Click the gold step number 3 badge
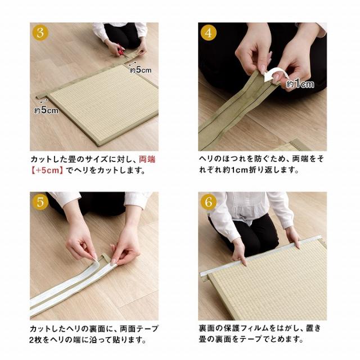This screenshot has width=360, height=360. pyautogui.click(x=40, y=33)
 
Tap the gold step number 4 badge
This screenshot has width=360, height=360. pyautogui.click(x=209, y=33)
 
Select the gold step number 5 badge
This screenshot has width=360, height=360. pyautogui.click(x=40, y=202)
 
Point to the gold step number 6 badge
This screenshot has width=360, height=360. pyautogui.click(x=209, y=202)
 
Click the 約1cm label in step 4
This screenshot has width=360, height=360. pyautogui.click(x=300, y=84)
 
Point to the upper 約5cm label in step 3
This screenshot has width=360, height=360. pyautogui.click(x=141, y=70)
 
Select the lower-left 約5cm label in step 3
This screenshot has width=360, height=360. pyautogui.click(x=46, y=110)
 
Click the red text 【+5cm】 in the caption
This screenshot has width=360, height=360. pyautogui.click(x=47, y=170)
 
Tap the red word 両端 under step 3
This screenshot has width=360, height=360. pyautogui.click(x=147, y=159)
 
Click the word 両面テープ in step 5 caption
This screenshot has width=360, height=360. pyautogui.click(x=139, y=328)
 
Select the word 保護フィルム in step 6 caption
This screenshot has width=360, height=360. pyautogui.click(x=246, y=328)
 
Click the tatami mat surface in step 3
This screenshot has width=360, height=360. pyautogui.click(x=103, y=103)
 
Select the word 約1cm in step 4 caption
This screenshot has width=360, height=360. pyautogui.click(x=234, y=170)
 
